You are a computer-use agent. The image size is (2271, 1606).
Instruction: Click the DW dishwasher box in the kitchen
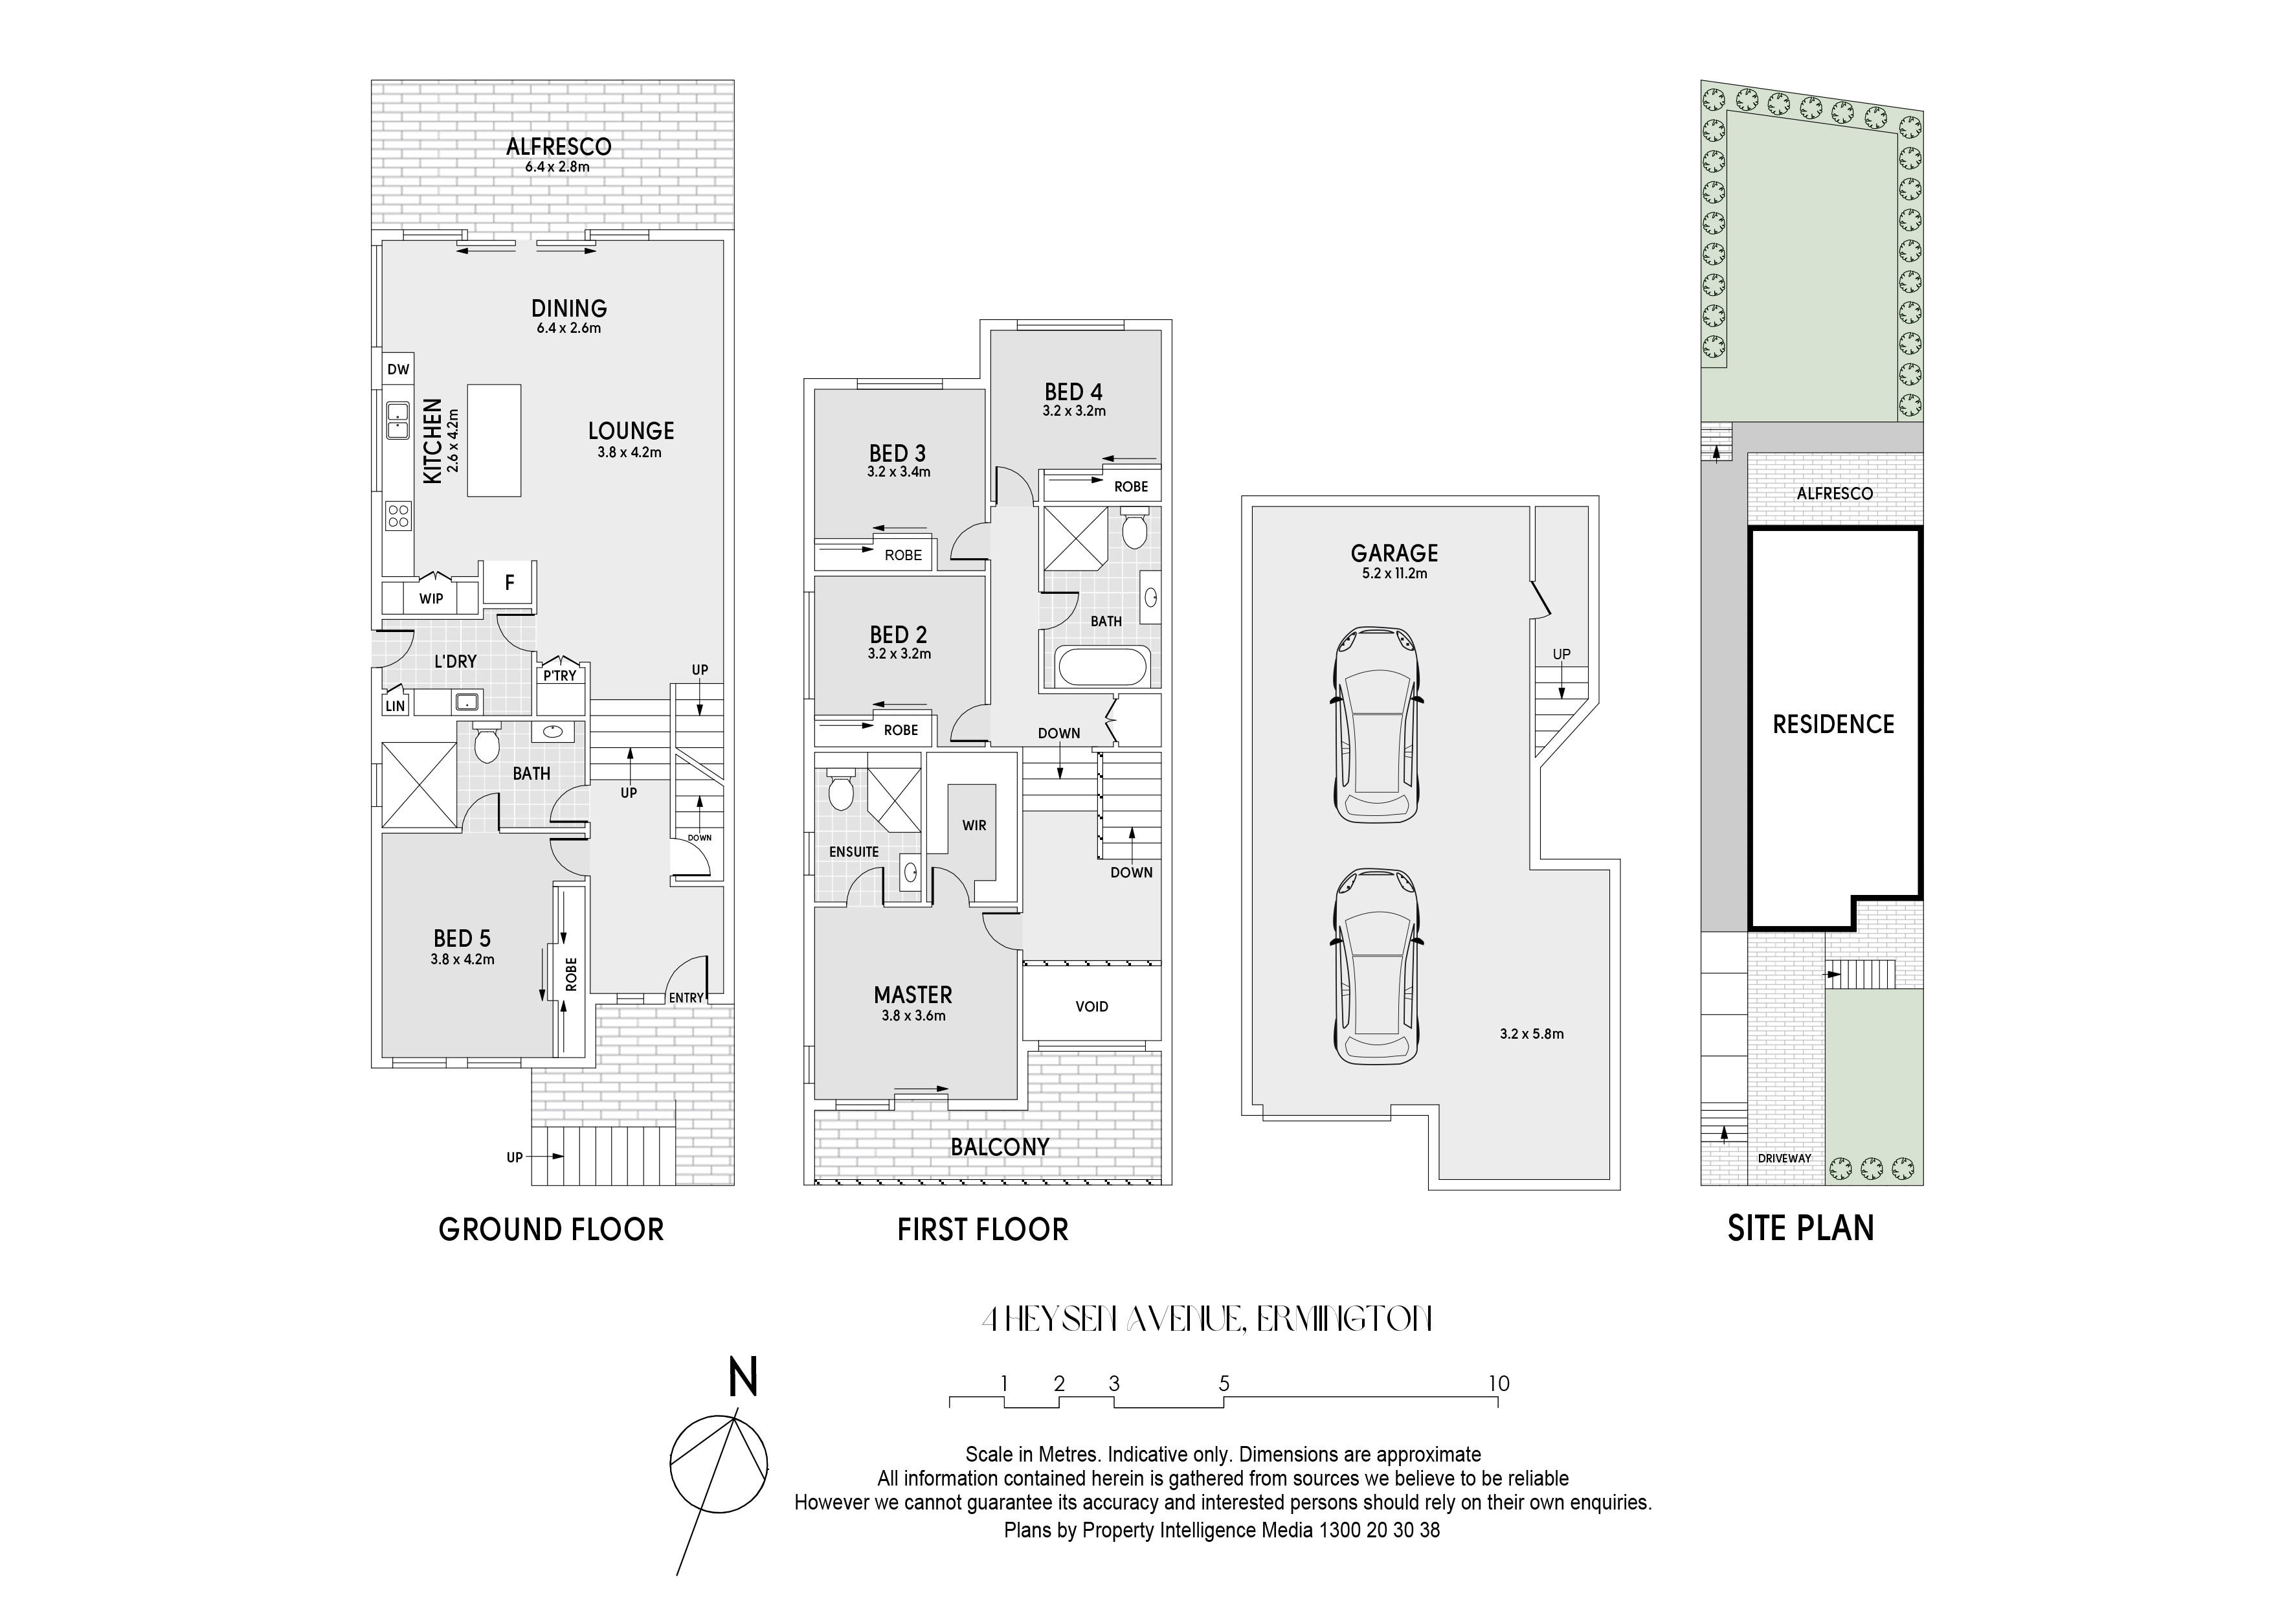397,369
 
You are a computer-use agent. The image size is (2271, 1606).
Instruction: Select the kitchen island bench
493,440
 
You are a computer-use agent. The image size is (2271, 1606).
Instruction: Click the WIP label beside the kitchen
431,598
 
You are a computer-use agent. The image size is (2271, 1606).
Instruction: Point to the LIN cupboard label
396,705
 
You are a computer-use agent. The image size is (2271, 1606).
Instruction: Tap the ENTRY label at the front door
686,997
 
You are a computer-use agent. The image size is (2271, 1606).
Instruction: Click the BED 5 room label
462,938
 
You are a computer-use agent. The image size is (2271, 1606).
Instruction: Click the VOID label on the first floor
1092,1006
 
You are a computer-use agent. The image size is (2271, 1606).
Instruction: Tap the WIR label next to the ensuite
974,825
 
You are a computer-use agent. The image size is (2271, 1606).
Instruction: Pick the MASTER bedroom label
913,995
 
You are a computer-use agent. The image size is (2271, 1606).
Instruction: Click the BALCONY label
1000,1147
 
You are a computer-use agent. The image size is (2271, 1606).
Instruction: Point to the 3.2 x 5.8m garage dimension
1531,1034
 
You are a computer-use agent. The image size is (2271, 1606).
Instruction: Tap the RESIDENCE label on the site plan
1833,725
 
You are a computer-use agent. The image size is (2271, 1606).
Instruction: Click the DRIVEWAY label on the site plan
1784,1159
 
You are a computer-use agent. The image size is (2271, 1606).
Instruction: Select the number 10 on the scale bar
1499,1383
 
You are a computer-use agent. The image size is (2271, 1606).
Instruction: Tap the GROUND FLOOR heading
551,1230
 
